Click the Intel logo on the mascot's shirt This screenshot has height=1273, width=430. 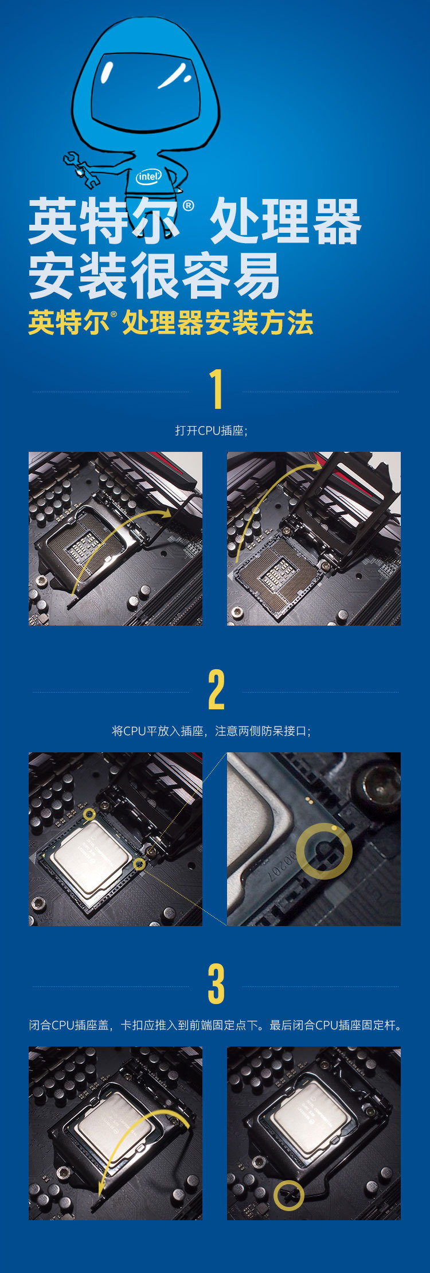click(148, 177)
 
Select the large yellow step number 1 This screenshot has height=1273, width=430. click(216, 389)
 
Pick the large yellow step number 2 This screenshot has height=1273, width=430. click(216, 689)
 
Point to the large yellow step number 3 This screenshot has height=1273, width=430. click(216, 984)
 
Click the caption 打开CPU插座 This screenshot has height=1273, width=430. click(211, 431)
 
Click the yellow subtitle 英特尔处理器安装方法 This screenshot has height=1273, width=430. click(171, 323)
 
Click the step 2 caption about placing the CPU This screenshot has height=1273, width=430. click(212, 731)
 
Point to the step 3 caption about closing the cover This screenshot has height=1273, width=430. click(216, 1025)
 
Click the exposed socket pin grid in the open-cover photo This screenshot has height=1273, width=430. click(281, 573)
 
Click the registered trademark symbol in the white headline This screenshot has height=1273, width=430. click(188, 206)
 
